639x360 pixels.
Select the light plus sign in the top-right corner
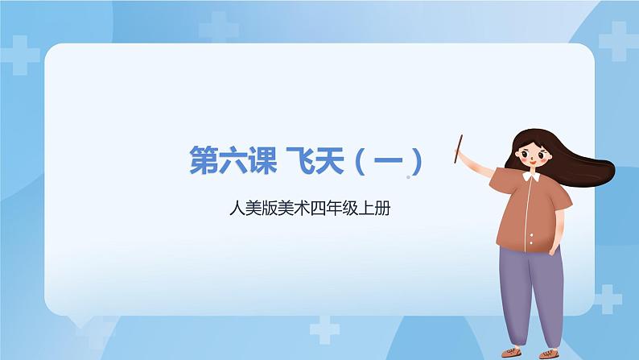click(x=616, y=39)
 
